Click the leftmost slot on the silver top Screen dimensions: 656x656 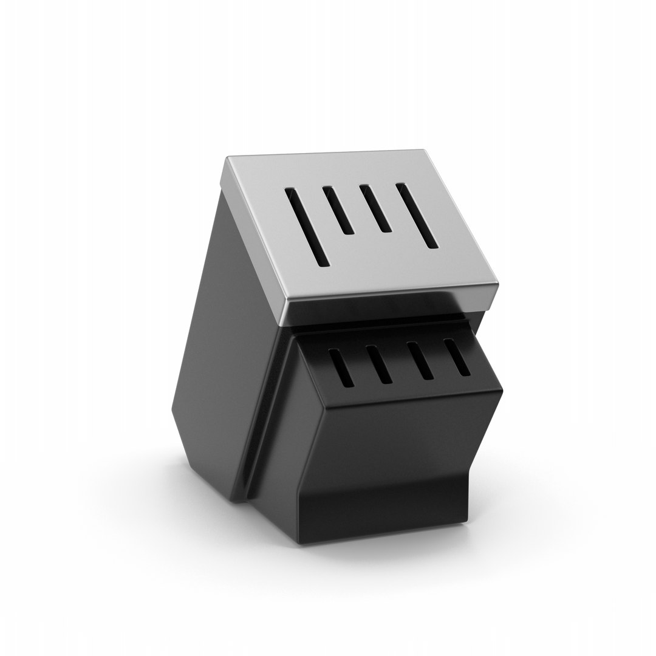click(x=307, y=227)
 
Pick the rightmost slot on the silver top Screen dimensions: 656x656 click(x=417, y=215)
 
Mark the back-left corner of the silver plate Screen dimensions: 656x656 click(x=226, y=159)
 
